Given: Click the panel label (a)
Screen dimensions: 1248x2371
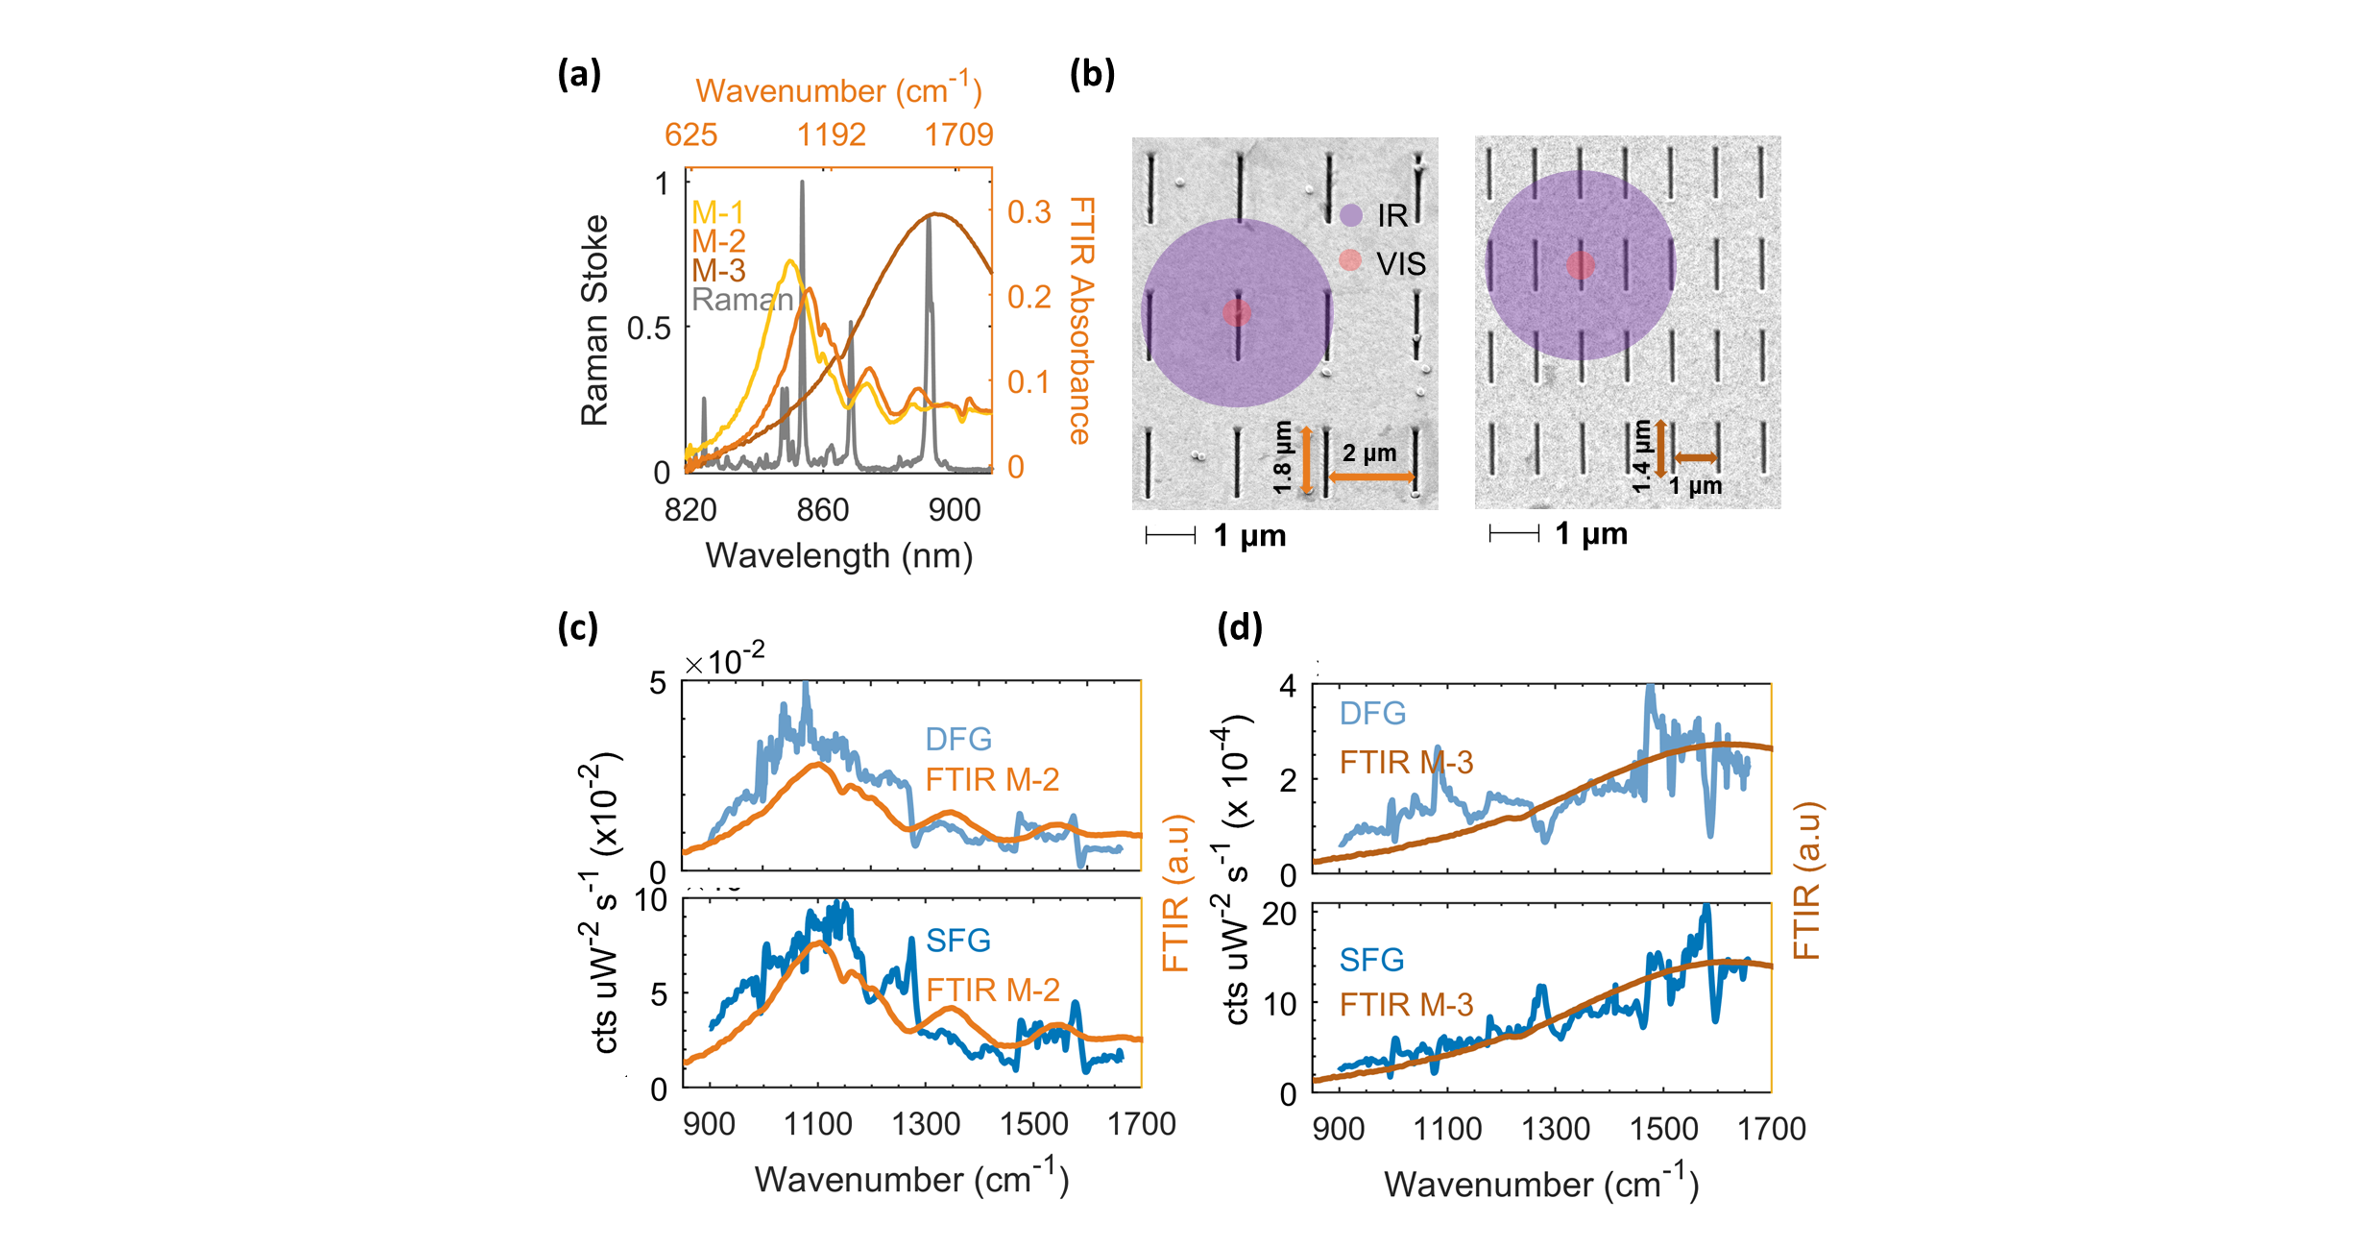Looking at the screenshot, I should (579, 74).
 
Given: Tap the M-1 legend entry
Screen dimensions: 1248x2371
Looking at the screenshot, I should (717, 212).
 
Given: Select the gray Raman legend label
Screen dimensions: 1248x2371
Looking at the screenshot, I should (741, 300).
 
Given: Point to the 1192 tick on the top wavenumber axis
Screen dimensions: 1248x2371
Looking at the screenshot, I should (832, 135).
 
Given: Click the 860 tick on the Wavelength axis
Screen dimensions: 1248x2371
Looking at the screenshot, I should (823, 509).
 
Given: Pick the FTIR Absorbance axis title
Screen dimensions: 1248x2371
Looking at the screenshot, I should (1081, 321).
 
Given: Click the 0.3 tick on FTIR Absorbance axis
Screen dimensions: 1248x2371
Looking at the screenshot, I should (1028, 212).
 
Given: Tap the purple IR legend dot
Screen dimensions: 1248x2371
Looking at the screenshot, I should (1350, 215).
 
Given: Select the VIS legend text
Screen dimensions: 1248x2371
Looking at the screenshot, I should (1401, 264).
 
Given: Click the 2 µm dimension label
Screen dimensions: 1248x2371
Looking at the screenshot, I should (1368, 453).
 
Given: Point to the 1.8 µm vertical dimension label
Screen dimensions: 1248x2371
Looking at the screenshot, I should (1282, 458).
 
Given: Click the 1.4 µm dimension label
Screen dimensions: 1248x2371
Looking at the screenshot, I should (1641, 457).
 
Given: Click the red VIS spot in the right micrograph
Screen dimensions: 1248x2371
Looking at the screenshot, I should (1581, 266).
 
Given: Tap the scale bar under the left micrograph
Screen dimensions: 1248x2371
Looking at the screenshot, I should (1171, 535).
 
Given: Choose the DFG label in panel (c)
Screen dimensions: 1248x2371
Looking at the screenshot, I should (958, 739).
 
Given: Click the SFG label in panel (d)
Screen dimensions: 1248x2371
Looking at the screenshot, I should (1371, 959).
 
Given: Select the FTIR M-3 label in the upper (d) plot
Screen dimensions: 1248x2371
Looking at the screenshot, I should (1406, 763).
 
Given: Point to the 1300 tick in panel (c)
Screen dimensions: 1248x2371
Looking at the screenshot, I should (926, 1124).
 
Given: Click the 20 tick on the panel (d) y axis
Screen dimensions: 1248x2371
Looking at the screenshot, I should (1279, 914).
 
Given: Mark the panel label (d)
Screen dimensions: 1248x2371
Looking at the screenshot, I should (1239, 628).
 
